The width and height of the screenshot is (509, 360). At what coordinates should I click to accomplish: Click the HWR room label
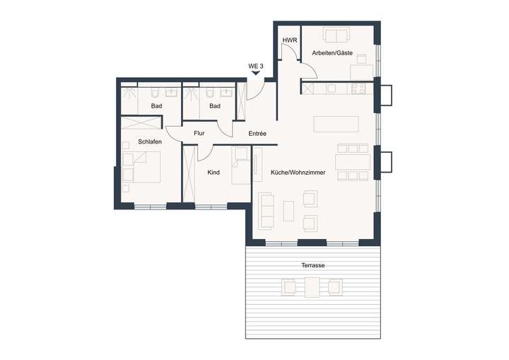pyautogui.click(x=289, y=40)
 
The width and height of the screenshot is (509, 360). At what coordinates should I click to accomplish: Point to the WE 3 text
pyautogui.click(x=255, y=66)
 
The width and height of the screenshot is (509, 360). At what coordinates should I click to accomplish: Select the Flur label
pyautogui.click(x=199, y=133)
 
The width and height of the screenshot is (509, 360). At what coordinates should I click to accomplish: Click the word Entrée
pyautogui.click(x=257, y=133)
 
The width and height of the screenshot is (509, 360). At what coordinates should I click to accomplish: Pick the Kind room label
pyautogui.click(x=213, y=173)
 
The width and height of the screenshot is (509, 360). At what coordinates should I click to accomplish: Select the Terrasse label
pyautogui.click(x=312, y=265)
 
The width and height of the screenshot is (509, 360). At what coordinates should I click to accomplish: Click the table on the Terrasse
pyautogui.click(x=312, y=287)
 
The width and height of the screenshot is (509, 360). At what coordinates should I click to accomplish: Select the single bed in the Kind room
pyautogui.click(x=241, y=163)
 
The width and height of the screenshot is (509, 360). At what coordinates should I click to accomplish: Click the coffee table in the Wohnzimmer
pyautogui.click(x=288, y=211)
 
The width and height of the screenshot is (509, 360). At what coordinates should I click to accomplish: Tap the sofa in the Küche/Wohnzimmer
pyautogui.click(x=267, y=211)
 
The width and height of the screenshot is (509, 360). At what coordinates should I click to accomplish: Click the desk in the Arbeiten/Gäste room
pyautogui.click(x=362, y=71)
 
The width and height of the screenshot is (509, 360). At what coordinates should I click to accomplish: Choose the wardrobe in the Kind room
pyautogui.click(x=189, y=173)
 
